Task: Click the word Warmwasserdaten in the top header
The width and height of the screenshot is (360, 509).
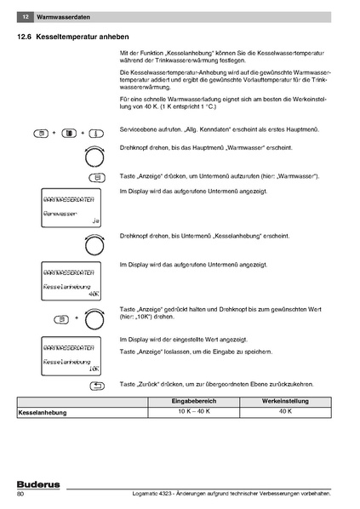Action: pyautogui.click(x=61, y=17)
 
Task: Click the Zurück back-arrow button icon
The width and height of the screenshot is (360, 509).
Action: pyautogui.click(x=96, y=386)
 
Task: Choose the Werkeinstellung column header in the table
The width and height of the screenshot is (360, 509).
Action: pyautogui.click(x=286, y=401)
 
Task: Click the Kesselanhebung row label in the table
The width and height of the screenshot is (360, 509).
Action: pyautogui.click(x=43, y=412)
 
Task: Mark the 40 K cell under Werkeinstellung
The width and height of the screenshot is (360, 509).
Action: pyautogui.click(x=286, y=412)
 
